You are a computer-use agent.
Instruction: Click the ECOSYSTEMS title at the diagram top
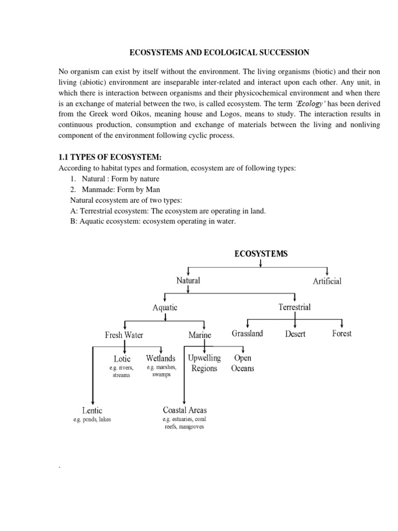[261, 254]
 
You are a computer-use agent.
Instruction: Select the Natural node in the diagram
[188, 281]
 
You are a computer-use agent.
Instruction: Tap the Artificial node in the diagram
[326, 282]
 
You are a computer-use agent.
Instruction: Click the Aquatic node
[165, 307]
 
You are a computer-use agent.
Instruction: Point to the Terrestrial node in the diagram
[294, 307]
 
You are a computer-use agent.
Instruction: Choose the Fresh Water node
[124, 334]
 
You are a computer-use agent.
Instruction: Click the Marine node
[200, 335]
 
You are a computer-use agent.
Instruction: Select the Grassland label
[247, 333]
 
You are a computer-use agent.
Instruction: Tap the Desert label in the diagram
[295, 334]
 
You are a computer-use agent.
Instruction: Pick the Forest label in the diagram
[342, 333]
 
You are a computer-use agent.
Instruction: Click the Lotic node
[122, 358]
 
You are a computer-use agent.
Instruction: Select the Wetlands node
[161, 358]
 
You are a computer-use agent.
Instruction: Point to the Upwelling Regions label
[204, 363]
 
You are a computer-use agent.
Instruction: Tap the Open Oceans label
[243, 363]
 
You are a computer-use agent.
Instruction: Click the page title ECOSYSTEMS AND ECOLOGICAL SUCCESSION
[219, 52]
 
